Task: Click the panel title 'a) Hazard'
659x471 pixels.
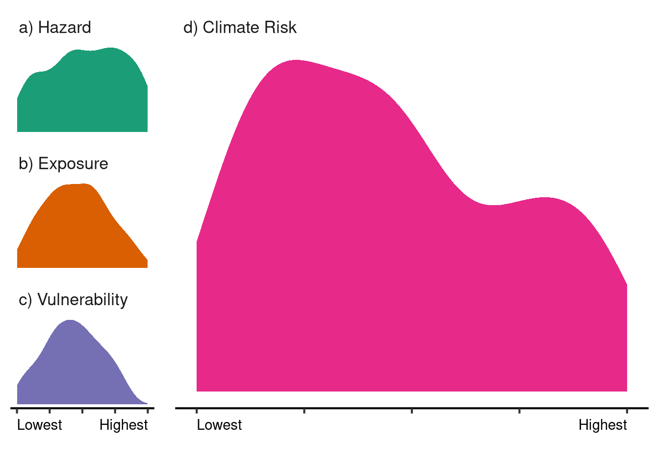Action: coord(55,27)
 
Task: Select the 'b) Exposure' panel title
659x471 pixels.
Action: coord(63,163)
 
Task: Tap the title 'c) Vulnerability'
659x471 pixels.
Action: coord(73,299)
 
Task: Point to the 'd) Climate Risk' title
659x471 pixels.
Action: coord(240,27)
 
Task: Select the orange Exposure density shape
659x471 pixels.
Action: coord(78,231)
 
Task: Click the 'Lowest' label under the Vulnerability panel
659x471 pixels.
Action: coord(40,425)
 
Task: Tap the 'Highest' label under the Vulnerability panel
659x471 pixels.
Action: coord(124,425)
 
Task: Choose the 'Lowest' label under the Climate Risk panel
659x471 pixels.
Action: coord(219,425)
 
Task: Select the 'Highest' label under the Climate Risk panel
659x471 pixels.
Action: coord(603,425)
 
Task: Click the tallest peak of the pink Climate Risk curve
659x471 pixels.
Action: coord(296,61)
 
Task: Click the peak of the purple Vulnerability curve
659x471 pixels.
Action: coord(71,321)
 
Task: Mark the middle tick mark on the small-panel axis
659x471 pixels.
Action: coord(82,410)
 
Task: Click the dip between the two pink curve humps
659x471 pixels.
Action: coord(493,205)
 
